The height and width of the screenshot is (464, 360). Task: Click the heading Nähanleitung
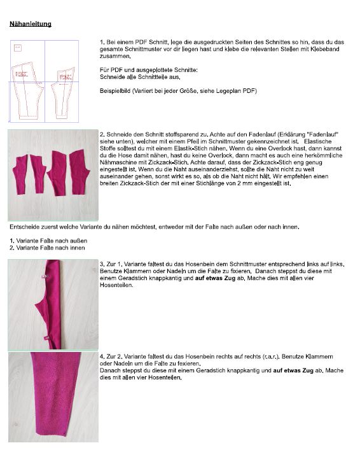(31, 24)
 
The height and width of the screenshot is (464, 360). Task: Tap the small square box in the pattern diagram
(18, 48)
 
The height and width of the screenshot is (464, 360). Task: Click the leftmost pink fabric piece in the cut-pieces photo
(20, 174)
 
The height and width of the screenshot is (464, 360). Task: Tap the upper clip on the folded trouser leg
(45, 276)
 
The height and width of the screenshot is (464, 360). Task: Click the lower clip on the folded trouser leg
(46, 337)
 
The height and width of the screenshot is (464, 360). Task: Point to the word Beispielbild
(115, 91)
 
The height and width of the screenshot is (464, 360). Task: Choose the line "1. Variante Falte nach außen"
(48, 241)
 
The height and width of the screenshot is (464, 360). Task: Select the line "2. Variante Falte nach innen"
(47, 248)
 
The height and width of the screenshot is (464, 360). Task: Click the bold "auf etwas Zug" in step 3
(215, 278)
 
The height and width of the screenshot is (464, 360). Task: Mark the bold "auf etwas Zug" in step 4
(293, 370)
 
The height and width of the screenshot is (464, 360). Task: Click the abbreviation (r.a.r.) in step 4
(271, 356)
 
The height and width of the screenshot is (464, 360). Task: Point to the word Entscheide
(24, 227)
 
